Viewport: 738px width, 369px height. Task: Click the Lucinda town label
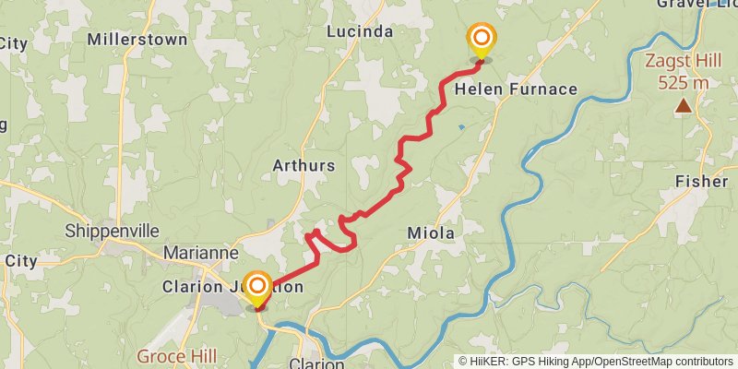point(360,32)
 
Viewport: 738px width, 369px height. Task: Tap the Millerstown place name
point(137,40)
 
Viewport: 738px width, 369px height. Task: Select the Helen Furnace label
point(516,89)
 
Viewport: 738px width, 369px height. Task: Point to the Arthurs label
point(304,166)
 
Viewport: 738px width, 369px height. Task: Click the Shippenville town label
point(112,231)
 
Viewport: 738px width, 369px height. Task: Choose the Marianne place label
point(201,252)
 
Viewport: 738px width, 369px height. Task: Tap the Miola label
point(431,234)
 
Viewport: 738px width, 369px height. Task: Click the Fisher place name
point(701,182)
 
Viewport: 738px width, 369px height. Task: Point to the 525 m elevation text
point(683,83)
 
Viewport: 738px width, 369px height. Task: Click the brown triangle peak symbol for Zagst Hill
point(683,106)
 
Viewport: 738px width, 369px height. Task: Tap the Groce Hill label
point(176,356)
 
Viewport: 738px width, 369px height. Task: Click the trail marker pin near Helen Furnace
point(481,40)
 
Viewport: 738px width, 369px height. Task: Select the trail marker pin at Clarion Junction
point(256,287)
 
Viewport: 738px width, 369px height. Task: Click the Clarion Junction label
point(232,287)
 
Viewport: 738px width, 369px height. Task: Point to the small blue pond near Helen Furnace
point(460,126)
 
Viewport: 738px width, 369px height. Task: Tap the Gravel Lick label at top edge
point(696,4)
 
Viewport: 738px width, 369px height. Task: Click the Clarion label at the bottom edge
point(316,363)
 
